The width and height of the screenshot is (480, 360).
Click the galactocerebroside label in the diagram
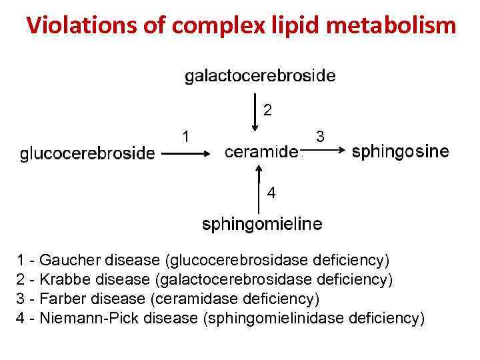[x=260, y=76]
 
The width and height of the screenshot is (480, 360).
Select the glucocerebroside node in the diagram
[x=87, y=154]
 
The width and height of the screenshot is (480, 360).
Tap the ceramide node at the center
[x=261, y=152]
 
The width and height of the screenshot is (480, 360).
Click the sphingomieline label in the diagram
[x=262, y=224]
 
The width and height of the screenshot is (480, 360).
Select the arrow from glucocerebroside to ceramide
[x=188, y=153]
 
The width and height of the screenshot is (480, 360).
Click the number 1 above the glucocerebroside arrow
[x=187, y=136]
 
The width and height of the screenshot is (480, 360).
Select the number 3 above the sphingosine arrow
[x=320, y=137]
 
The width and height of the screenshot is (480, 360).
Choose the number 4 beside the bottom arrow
[x=271, y=193]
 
